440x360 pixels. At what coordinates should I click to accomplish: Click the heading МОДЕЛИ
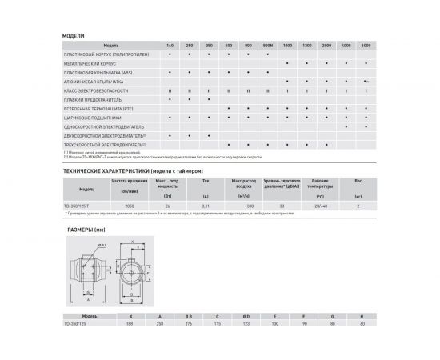point(74,36)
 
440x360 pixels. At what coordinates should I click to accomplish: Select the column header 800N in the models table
point(267,45)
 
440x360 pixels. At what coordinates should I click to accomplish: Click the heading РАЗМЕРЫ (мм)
point(84,228)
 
